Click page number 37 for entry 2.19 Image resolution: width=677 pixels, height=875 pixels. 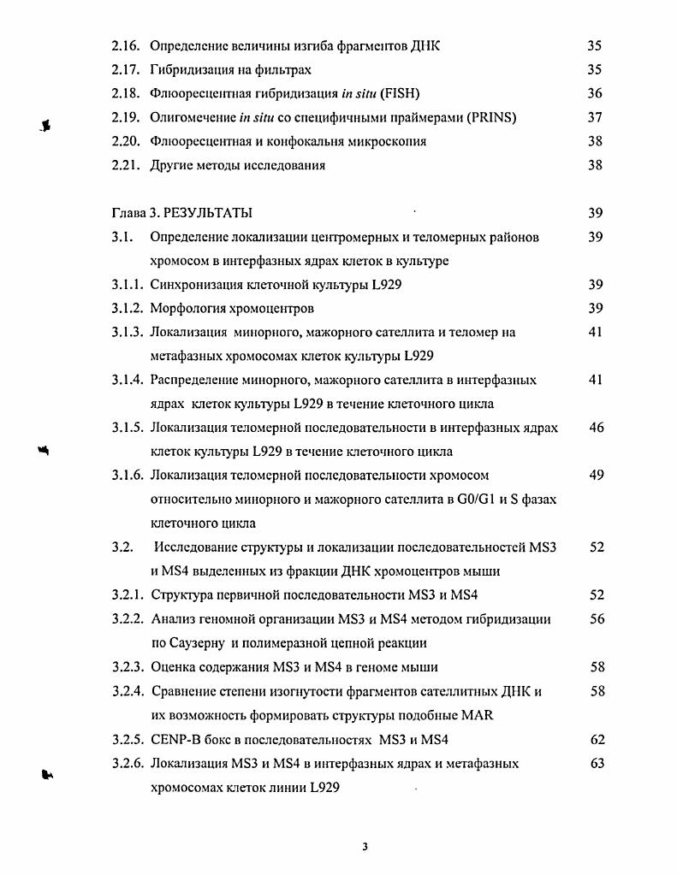click(595, 117)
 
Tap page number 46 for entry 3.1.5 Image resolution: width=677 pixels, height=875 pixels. click(597, 428)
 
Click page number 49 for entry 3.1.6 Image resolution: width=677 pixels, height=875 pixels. click(597, 475)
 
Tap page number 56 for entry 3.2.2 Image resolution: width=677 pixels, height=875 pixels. click(597, 618)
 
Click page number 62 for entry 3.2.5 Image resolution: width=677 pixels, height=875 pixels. click(597, 738)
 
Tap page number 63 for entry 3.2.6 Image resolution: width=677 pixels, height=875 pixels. click(597, 762)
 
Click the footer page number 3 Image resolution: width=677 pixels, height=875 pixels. click(365, 848)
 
